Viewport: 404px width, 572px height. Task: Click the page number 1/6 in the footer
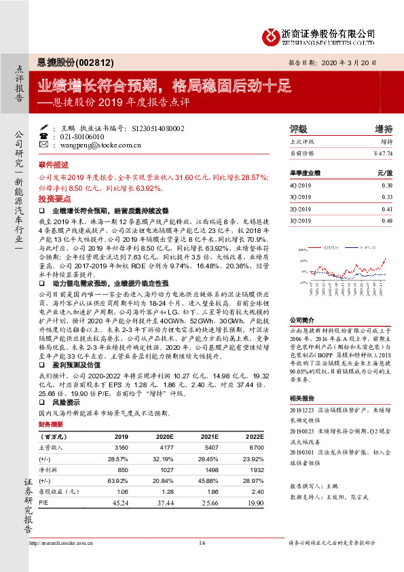coord(202,543)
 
